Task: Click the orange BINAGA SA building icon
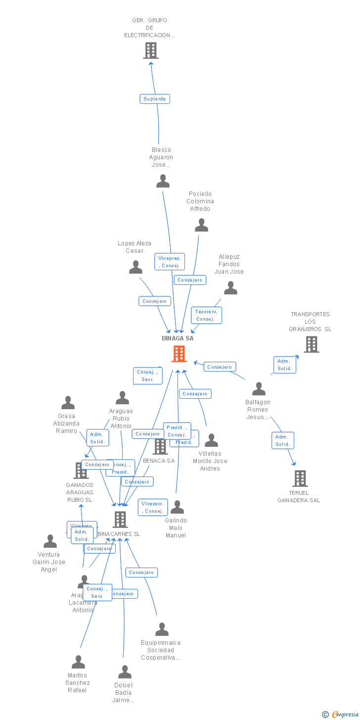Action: pyautogui.click(x=179, y=354)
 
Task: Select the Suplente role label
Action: pyautogui.click(x=155, y=99)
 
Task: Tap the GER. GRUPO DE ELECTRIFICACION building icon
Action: pyautogui.click(x=151, y=50)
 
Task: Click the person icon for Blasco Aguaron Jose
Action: pyautogui.click(x=163, y=181)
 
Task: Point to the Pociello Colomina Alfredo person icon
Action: pyautogui.click(x=201, y=225)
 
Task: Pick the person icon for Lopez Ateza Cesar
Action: pyautogui.click(x=135, y=267)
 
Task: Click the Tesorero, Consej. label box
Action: pyautogui.click(x=206, y=315)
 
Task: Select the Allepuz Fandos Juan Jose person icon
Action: pyautogui.click(x=230, y=288)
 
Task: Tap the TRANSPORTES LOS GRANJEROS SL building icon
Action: pyautogui.click(x=311, y=344)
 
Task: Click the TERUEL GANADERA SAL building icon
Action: pyautogui.click(x=300, y=479)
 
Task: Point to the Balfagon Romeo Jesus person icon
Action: pyautogui.click(x=259, y=389)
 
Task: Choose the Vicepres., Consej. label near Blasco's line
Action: pyautogui.click(x=170, y=262)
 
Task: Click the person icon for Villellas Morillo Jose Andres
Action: pyautogui.click(x=211, y=440)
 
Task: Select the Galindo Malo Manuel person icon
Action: pyautogui.click(x=177, y=507)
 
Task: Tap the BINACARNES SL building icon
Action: pyautogui.click(x=120, y=520)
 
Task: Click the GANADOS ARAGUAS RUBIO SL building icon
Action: pyautogui.click(x=81, y=471)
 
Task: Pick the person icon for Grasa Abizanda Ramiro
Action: pyautogui.click(x=68, y=403)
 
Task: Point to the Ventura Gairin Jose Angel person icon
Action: pyautogui.click(x=50, y=541)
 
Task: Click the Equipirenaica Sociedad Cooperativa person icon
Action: pyautogui.click(x=162, y=629)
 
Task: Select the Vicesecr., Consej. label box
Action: pyautogui.click(x=153, y=507)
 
